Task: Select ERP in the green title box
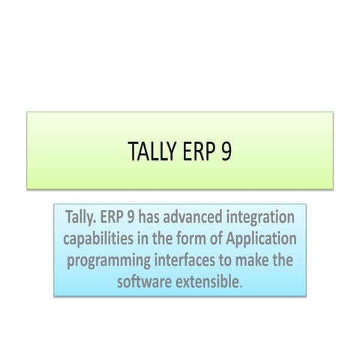198,151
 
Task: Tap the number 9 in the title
226,151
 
